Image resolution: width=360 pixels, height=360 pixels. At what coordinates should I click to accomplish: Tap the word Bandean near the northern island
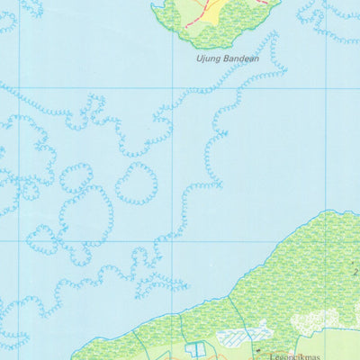coord(238,59)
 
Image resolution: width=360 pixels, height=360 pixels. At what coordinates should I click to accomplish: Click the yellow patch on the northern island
coord(212,13)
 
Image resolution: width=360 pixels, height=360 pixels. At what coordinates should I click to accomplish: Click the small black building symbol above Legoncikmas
coord(257,347)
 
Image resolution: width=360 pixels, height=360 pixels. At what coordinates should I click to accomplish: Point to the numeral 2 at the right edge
coord(355,272)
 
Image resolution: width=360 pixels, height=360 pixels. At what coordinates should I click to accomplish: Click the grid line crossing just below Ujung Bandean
coord(174,88)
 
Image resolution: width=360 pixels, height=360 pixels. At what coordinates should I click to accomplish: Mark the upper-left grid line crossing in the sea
coord(18,88)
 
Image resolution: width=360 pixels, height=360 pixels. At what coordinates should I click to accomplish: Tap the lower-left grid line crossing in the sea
coord(18,241)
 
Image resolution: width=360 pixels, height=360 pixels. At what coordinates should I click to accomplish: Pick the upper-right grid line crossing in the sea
coord(327,88)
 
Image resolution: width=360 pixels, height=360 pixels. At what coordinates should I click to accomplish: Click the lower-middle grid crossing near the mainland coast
coord(174,241)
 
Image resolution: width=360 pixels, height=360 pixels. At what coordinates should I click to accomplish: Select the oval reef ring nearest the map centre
coord(136,183)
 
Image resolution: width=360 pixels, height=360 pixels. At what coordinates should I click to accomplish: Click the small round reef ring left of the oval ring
coord(76,177)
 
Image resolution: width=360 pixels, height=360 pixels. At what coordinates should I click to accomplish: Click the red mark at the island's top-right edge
coord(264,3)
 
